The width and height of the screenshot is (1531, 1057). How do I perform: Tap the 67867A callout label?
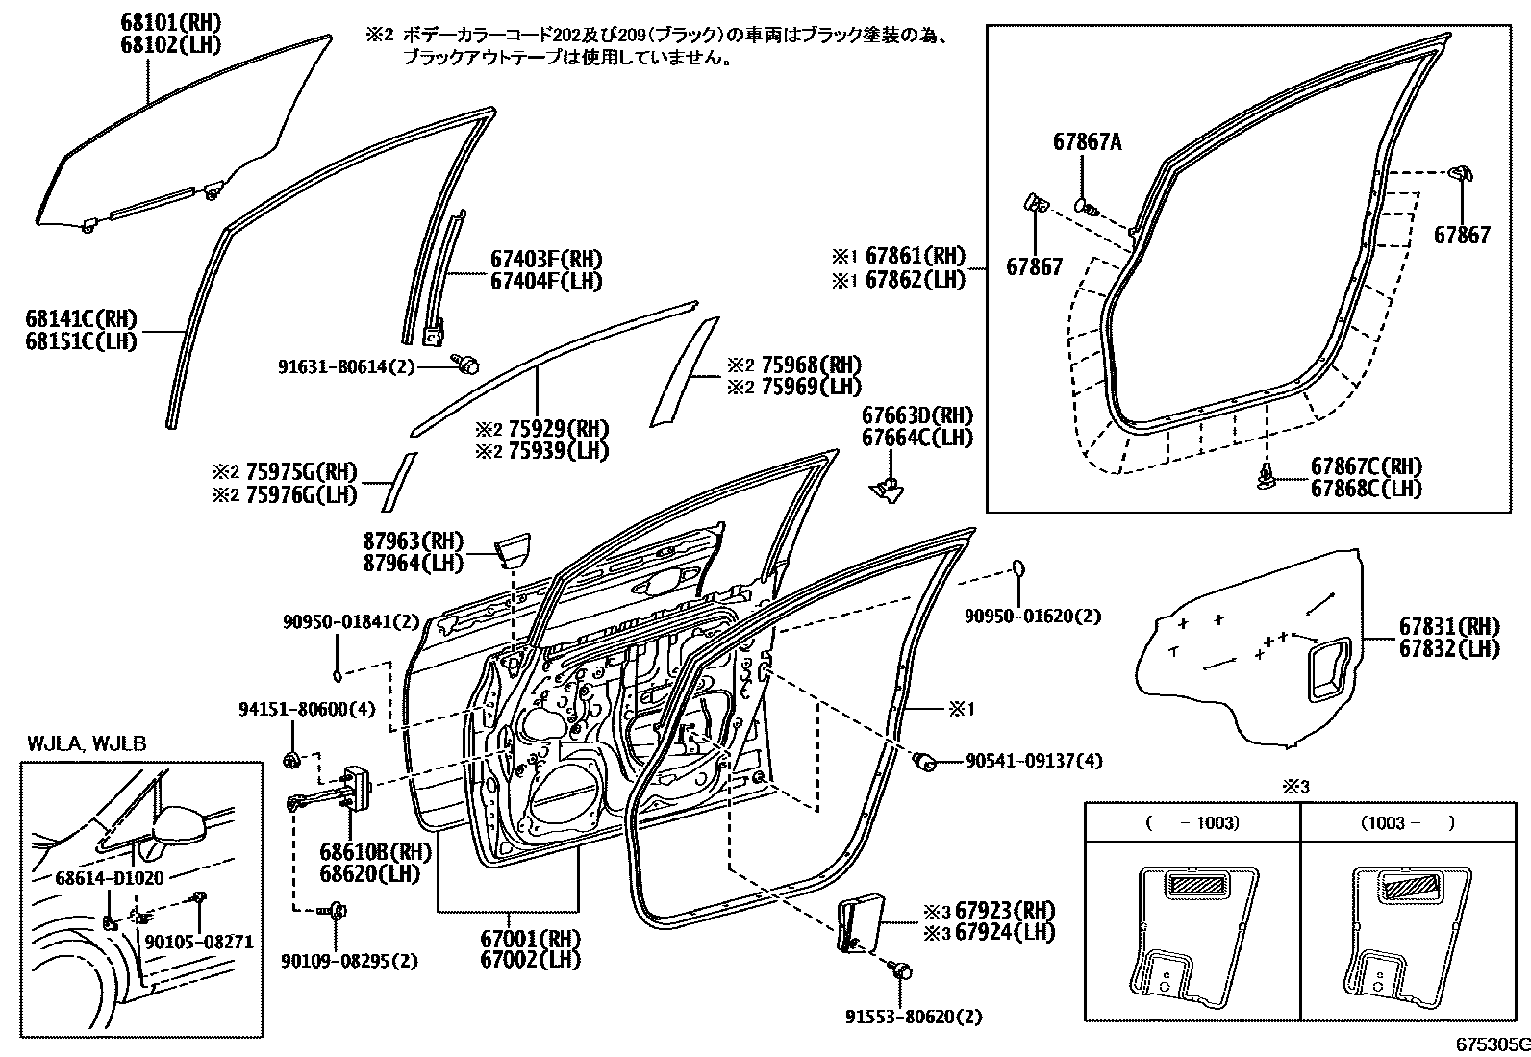pos(1087,142)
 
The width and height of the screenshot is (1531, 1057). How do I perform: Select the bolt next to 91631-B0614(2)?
pos(467,364)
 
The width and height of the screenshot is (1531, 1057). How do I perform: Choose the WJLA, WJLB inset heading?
pos(87,742)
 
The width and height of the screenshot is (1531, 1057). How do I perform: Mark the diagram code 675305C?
pos(1491,1044)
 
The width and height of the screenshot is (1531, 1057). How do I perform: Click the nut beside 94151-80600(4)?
pos(290,760)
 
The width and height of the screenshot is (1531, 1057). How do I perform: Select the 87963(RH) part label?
pos(413,541)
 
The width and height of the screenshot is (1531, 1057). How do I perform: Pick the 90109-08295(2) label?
pos(350,960)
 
